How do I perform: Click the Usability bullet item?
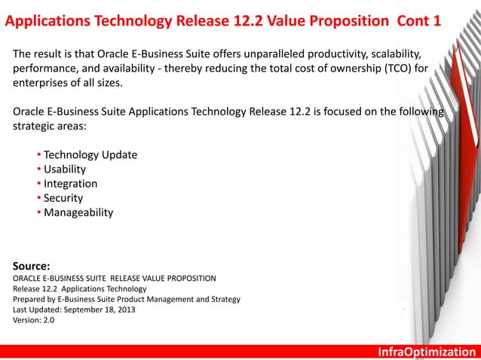coord(65,169)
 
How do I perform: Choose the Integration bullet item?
coord(70,184)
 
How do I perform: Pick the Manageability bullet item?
coord(78,212)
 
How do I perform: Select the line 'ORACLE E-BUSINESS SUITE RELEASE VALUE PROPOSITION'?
coord(115,277)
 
